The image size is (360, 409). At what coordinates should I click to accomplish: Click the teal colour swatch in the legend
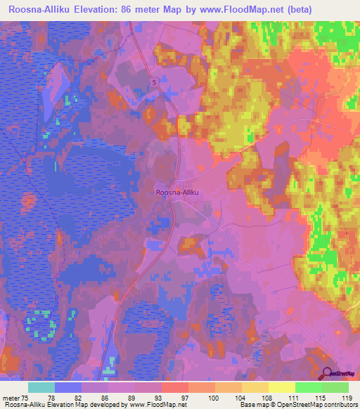pyautogui.click(x=41, y=387)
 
